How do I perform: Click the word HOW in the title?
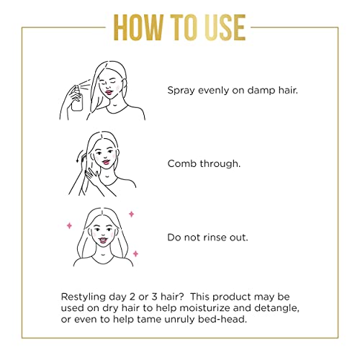click(x=138, y=27)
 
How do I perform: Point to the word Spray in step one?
click(x=181, y=91)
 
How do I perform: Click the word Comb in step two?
click(x=182, y=163)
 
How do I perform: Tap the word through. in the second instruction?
click(x=220, y=164)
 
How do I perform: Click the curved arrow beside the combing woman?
click(x=79, y=156)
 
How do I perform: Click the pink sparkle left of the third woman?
click(x=69, y=225)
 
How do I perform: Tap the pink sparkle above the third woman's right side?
click(x=131, y=214)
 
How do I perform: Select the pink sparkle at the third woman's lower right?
click(x=135, y=253)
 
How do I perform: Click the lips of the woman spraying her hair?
click(x=109, y=92)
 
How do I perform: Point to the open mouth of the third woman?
click(x=103, y=240)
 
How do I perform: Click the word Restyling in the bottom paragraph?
click(x=84, y=297)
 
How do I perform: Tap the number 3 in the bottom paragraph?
click(x=154, y=297)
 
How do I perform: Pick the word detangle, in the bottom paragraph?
click(x=276, y=308)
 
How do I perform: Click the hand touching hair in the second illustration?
click(x=92, y=174)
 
